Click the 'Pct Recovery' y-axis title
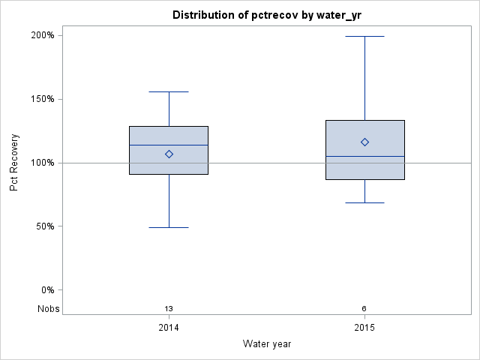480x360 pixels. click(14, 163)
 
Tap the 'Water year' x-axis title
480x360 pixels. click(267, 344)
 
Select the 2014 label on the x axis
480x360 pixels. click(169, 328)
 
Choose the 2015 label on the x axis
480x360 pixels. click(364, 328)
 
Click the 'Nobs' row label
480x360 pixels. click(48, 308)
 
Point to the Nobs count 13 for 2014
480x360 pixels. click(169, 308)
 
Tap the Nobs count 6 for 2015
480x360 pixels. click(364, 308)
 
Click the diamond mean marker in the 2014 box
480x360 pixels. click(169, 154)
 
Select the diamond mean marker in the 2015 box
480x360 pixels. click(364, 142)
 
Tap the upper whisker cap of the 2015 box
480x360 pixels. click(364, 36)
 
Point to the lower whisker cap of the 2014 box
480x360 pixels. click(169, 227)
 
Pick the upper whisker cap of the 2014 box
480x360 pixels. click(169, 91)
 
